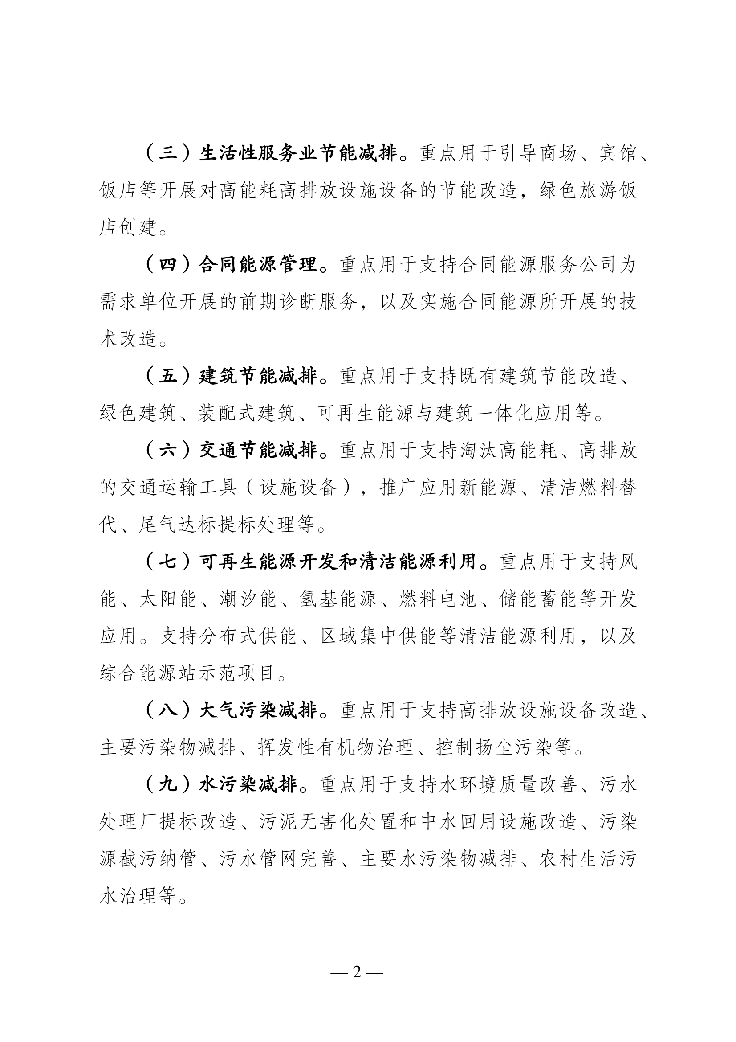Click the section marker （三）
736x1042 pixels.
pyautogui.click(x=168, y=154)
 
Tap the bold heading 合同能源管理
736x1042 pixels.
pyautogui.click(x=257, y=265)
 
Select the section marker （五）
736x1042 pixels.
pyautogui.click(x=168, y=376)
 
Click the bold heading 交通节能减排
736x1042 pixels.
pyautogui.click(x=257, y=451)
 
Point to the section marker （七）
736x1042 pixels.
pyautogui.click(x=168, y=562)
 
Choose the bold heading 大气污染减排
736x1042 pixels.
pyautogui.click(x=257, y=711)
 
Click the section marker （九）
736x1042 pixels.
pyautogui.click(x=168, y=785)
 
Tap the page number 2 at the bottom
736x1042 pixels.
pyautogui.click(x=357, y=972)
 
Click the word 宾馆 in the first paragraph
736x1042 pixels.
pyautogui.click(x=618, y=154)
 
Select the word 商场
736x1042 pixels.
pyautogui.click(x=558, y=154)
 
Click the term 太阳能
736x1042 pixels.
pyautogui.click(x=167, y=599)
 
